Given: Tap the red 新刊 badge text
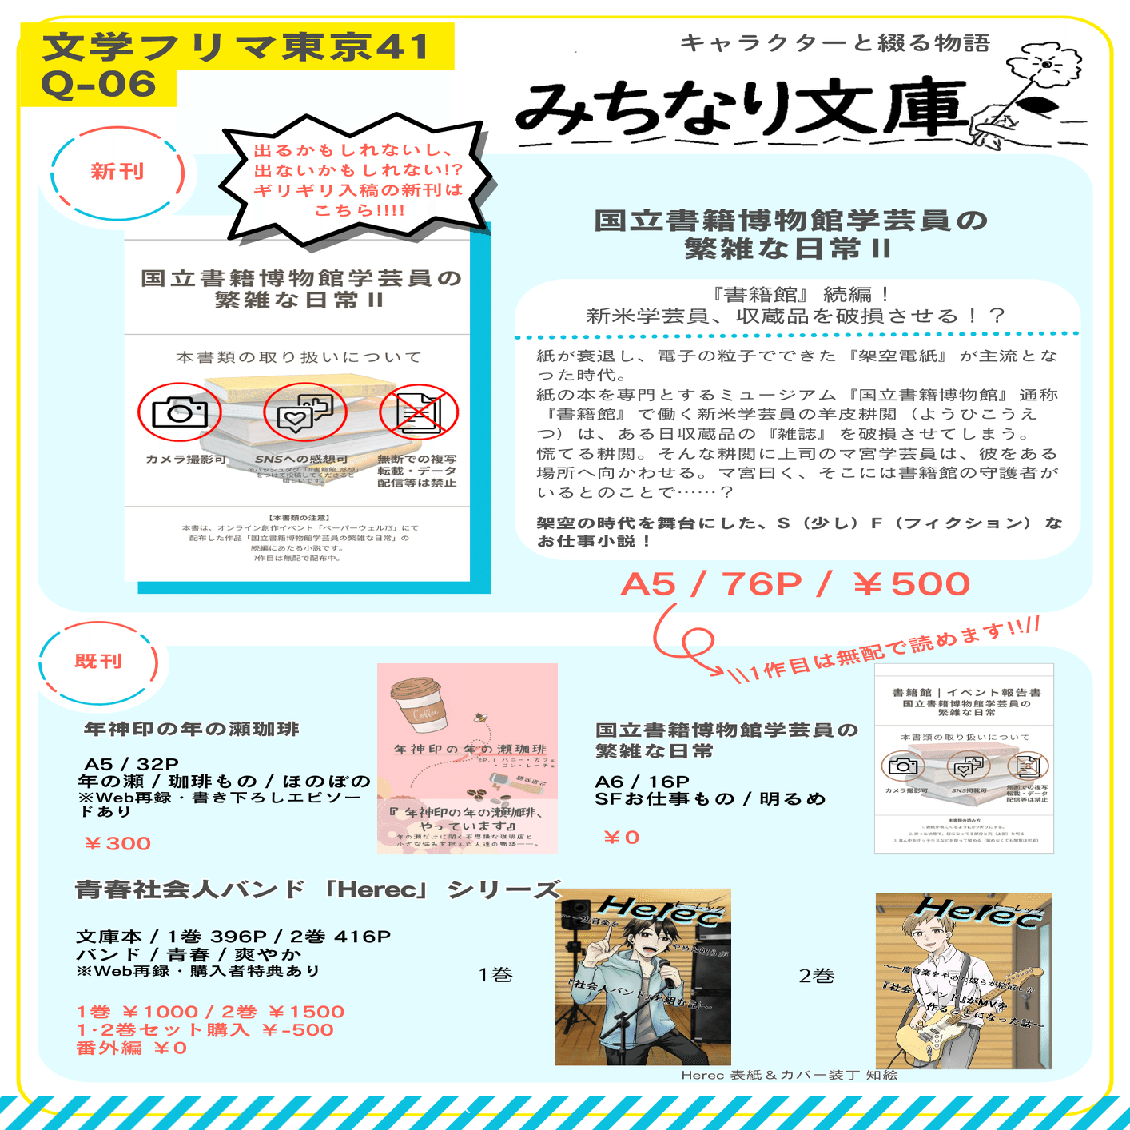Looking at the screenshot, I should point(117,171).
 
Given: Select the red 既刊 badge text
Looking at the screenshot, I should point(98,662).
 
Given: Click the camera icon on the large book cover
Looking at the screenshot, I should point(180,412).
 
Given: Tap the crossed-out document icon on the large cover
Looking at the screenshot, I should point(418,412).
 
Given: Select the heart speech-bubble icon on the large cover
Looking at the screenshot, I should point(304,412).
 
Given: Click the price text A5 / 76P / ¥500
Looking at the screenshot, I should point(795,584).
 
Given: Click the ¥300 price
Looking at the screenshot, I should point(117,843).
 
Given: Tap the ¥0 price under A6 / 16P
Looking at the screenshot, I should point(621,838).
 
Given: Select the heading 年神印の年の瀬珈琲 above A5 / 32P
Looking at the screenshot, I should point(192,729).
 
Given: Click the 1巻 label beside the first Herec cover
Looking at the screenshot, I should point(495,975).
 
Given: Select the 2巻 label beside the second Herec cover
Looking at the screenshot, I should point(816,976).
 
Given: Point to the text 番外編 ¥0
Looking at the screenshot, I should point(132,1048).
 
